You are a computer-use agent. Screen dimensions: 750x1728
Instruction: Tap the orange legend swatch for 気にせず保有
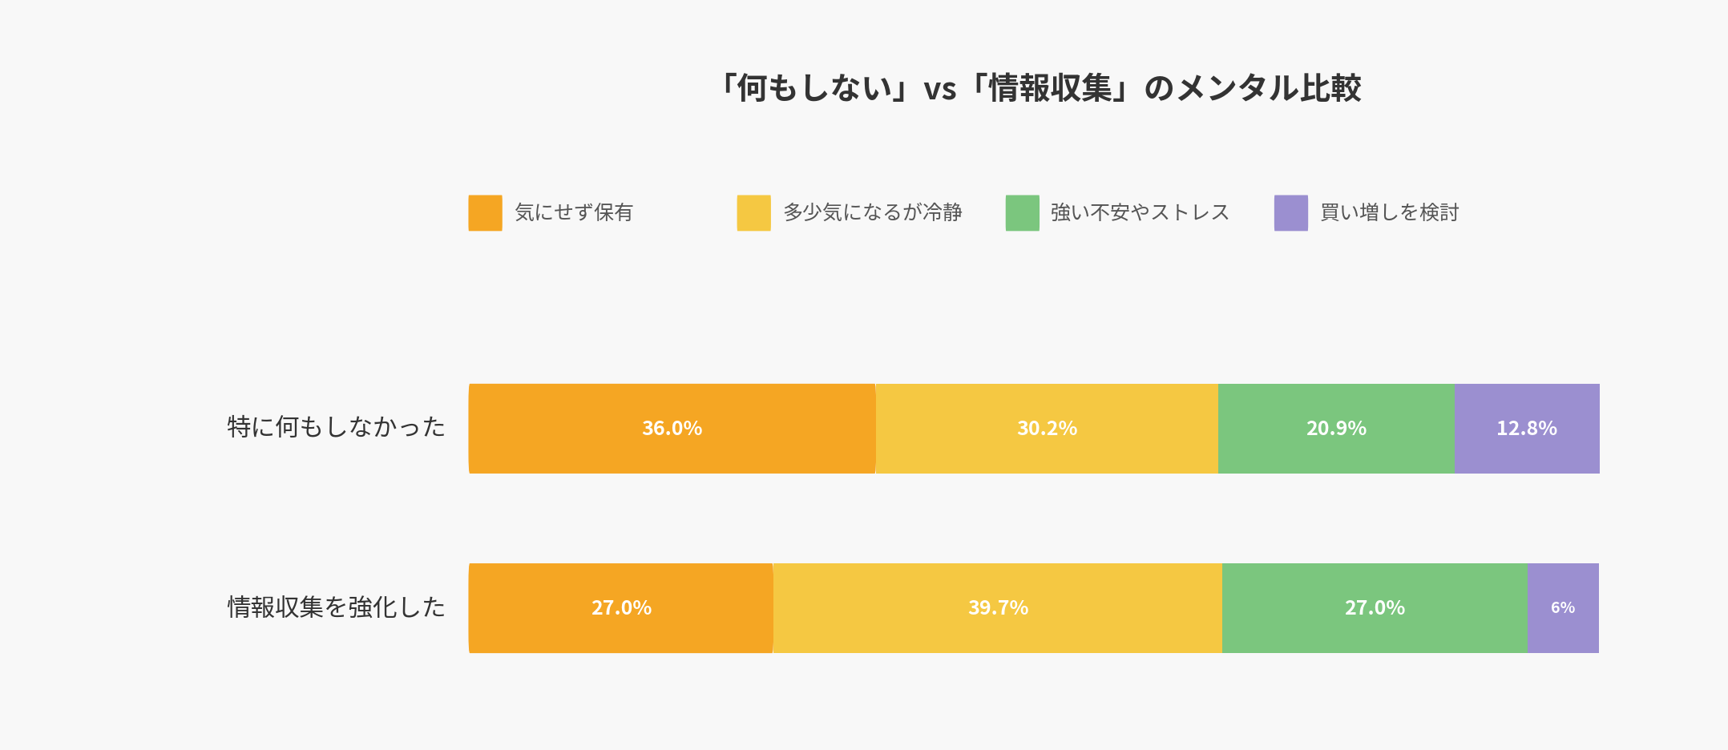coord(485,213)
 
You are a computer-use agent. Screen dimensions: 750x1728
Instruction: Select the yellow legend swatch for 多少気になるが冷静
coord(753,213)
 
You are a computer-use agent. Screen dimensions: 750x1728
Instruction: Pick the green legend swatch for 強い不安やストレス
coord(1022,213)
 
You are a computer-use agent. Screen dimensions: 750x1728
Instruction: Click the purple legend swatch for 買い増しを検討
coord(1290,213)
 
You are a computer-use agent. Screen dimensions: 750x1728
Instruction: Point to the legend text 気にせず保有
coord(574,213)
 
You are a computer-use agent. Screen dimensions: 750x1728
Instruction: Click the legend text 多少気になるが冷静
coord(872,213)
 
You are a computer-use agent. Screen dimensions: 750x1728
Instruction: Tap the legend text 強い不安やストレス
coord(1140,213)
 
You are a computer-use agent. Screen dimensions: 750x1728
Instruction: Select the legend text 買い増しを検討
coord(1389,213)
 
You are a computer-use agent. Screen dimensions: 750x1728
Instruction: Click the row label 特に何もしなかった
coord(336,427)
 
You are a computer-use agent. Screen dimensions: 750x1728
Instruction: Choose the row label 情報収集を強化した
coord(336,607)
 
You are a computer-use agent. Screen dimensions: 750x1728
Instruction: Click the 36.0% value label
coord(672,429)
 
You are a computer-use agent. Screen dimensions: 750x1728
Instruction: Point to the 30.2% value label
coord(1047,429)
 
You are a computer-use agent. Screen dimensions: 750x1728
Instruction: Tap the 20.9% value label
coord(1336,429)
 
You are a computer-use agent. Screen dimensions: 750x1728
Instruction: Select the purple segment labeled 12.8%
coord(1527,429)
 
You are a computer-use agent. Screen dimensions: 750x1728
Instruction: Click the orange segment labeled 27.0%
coord(621,608)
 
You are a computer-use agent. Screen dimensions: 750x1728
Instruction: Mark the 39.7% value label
coord(998,608)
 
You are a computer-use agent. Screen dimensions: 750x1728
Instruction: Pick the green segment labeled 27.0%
coord(1375,608)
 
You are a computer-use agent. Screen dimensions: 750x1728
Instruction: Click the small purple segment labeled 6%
coord(1563,608)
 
